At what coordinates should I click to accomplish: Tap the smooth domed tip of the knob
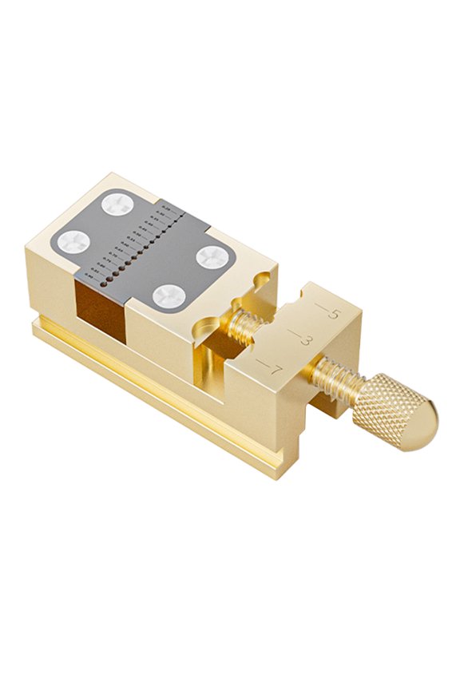(x=424, y=424)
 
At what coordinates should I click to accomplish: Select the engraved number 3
(x=305, y=341)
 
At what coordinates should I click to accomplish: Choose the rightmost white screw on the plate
(x=213, y=256)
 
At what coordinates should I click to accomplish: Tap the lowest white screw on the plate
(x=169, y=296)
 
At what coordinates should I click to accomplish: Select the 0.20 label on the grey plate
(x=165, y=209)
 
